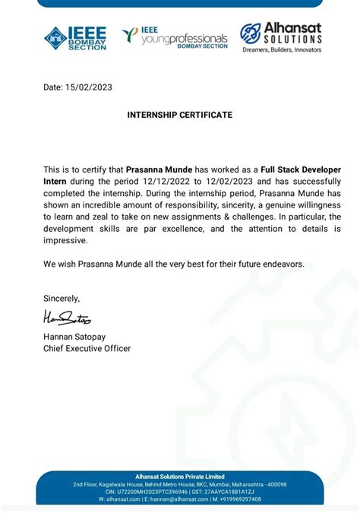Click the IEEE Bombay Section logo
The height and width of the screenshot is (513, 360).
pyautogui.click(x=75, y=37)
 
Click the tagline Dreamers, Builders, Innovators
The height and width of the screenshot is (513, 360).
pyautogui.click(x=282, y=50)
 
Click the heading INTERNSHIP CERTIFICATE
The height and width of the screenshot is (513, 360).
pyautogui.click(x=180, y=115)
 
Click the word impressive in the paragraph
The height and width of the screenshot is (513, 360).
pyautogui.click(x=66, y=240)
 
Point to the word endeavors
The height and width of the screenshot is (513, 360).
pyautogui.click(x=278, y=264)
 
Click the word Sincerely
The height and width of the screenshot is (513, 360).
pyautogui.click(x=61, y=298)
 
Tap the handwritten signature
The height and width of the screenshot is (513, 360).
pyautogui.click(x=67, y=317)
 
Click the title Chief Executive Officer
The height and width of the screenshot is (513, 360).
pyautogui.click(x=87, y=348)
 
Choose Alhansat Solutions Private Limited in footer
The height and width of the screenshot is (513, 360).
pyautogui.click(x=180, y=475)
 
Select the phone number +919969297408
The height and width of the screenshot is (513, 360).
pyautogui.click(x=235, y=499)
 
